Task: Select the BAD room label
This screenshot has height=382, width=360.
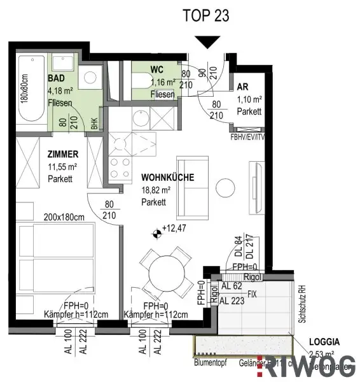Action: point(55,79)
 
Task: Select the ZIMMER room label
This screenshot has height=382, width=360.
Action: point(63,154)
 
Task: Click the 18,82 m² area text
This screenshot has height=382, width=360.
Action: point(156,190)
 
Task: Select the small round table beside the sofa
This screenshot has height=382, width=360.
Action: point(225,187)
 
